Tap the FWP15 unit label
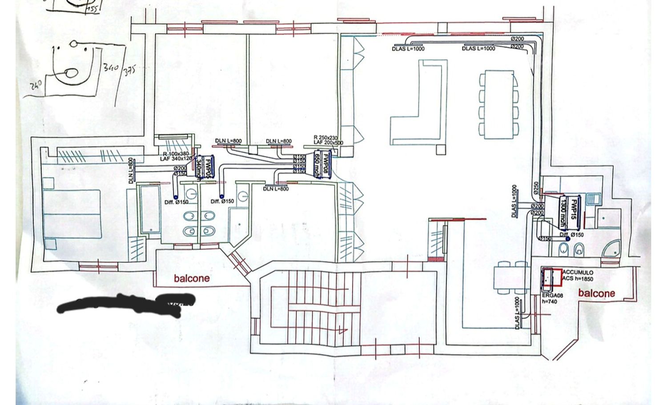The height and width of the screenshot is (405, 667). point(574,209)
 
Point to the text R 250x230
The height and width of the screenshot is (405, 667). point(326,138)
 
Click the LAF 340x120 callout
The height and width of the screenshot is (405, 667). point(176,159)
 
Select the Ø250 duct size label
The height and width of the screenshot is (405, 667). point(536,187)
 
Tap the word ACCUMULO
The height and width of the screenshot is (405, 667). point(578,273)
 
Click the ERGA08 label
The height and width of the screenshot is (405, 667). point(552,296)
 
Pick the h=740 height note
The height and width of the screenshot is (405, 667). point(549,301)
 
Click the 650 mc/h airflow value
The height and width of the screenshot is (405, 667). point(317,165)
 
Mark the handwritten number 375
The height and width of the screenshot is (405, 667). point(129,71)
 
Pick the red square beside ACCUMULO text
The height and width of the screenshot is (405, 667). point(551,277)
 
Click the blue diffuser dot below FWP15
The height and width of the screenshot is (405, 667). point(568,239)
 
